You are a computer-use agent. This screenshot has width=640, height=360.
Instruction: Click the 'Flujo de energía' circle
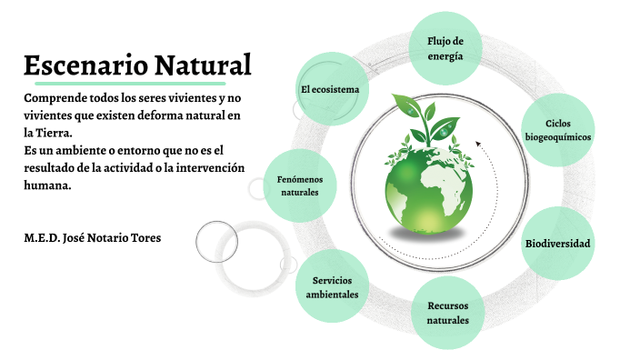tap(445, 48)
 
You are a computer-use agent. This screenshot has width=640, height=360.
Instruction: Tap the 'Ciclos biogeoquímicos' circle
tap(557, 130)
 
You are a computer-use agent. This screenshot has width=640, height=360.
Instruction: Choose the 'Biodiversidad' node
tap(557, 244)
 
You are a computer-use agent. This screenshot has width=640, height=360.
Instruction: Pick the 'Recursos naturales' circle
tap(447, 313)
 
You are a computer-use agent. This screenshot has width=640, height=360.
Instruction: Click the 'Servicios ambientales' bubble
tap(332, 286)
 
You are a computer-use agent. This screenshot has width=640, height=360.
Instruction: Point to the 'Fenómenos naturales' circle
tap(299, 185)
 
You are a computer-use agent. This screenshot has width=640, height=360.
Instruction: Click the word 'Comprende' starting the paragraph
tap(55, 97)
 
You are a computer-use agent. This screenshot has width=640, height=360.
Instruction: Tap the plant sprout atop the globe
tap(427, 114)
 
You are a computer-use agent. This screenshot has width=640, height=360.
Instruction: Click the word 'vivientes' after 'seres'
tap(194, 97)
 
